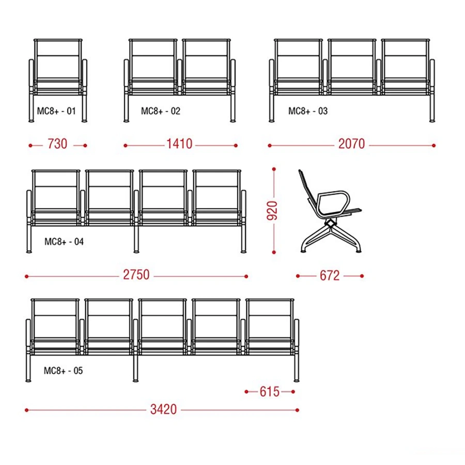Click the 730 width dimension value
point(57,144)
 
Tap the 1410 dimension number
point(179,144)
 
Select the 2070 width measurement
point(351,144)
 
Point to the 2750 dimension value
point(136,275)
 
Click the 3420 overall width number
point(163,410)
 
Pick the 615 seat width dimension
point(270,392)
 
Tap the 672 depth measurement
point(330,276)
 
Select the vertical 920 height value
point(272,211)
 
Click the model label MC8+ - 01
point(56,111)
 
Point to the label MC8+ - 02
point(161,111)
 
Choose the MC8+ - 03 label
point(308,111)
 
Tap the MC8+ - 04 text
point(64,242)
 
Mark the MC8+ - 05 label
point(63,370)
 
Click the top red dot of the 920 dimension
point(274,169)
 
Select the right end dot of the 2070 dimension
point(433,145)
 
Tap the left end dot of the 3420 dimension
point(27,410)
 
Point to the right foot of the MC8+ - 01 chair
point(85,121)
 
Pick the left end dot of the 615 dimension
point(246,392)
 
